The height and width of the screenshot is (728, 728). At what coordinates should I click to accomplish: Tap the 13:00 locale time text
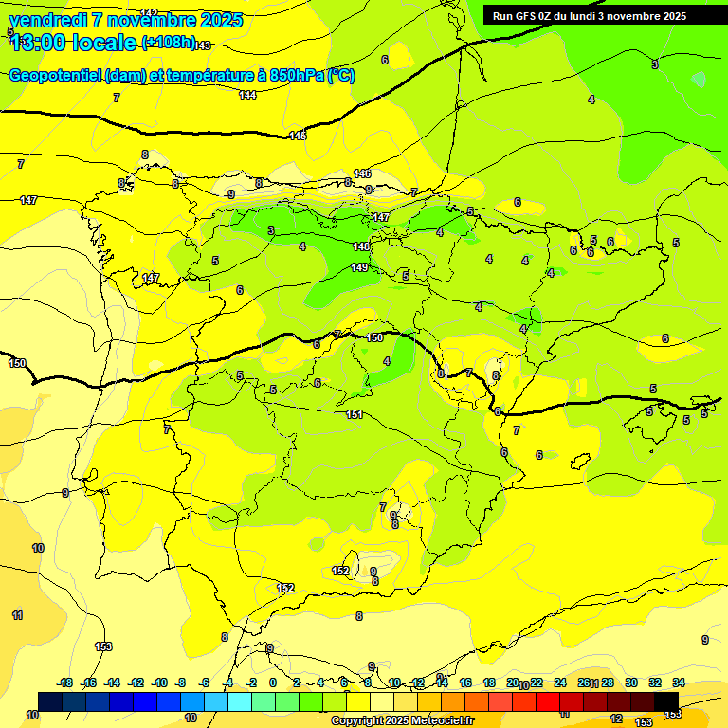(x=72, y=43)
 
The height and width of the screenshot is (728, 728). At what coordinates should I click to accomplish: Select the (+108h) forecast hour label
(x=168, y=43)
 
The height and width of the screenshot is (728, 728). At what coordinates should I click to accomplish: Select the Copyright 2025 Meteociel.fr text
(x=402, y=720)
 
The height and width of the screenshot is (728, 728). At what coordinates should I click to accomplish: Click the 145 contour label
(x=298, y=136)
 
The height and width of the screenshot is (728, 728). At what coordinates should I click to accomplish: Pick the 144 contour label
(x=247, y=95)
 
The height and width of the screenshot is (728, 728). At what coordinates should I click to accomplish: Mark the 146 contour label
(x=362, y=173)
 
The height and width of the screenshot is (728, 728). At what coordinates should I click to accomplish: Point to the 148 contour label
(x=361, y=246)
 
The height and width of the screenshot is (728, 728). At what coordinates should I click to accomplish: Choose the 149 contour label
(x=359, y=267)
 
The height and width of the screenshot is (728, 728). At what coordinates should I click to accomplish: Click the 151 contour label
(x=355, y=414)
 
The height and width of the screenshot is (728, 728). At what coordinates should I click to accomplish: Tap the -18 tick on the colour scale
(x=65, y=682)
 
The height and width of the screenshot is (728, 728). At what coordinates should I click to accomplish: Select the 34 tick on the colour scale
(x=679, y=682)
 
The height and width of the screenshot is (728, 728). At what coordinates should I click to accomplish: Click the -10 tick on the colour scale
(x=159, y=682)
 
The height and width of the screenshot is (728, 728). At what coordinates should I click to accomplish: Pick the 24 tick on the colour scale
(x=560, y=682)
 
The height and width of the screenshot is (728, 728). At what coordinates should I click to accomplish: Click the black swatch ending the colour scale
(x=666, y=701)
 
